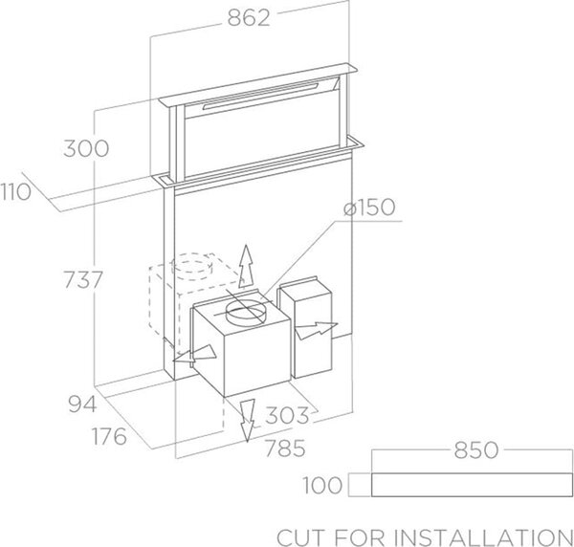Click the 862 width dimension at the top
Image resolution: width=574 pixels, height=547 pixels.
(x=249, y=17)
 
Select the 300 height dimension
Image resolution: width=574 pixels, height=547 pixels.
(x=86, y=148)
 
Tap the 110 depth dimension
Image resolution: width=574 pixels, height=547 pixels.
(x=15, y=191)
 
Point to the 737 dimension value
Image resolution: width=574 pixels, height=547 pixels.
(x=83, y=279)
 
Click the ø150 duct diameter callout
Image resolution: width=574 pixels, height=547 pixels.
(x=369, y=208)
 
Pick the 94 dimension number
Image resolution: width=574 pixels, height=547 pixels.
(x=82, y=405)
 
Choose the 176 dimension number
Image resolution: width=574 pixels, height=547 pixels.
(x=109, y=436)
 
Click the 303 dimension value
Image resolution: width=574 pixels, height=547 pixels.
(x=287, y=415)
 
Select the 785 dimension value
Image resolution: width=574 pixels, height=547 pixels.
(x=285, y=448)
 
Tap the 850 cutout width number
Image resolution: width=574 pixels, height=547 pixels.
(x=476, y=449)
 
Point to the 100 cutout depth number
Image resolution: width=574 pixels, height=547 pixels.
(x=322, y=485)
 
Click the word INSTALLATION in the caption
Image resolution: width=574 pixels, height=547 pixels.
(x=483, y=537)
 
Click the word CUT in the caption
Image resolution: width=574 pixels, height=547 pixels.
(x=300, y=537)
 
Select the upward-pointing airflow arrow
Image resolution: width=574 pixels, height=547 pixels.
(x=246, y=267)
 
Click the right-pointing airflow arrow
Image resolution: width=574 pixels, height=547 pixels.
(x=317, y=330)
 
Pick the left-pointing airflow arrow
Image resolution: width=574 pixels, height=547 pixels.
(x=194, y=355)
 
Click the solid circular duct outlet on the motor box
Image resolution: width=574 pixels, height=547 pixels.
(x=245, y=312)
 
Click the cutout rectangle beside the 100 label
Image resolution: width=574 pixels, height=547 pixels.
(x=472, y=473)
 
